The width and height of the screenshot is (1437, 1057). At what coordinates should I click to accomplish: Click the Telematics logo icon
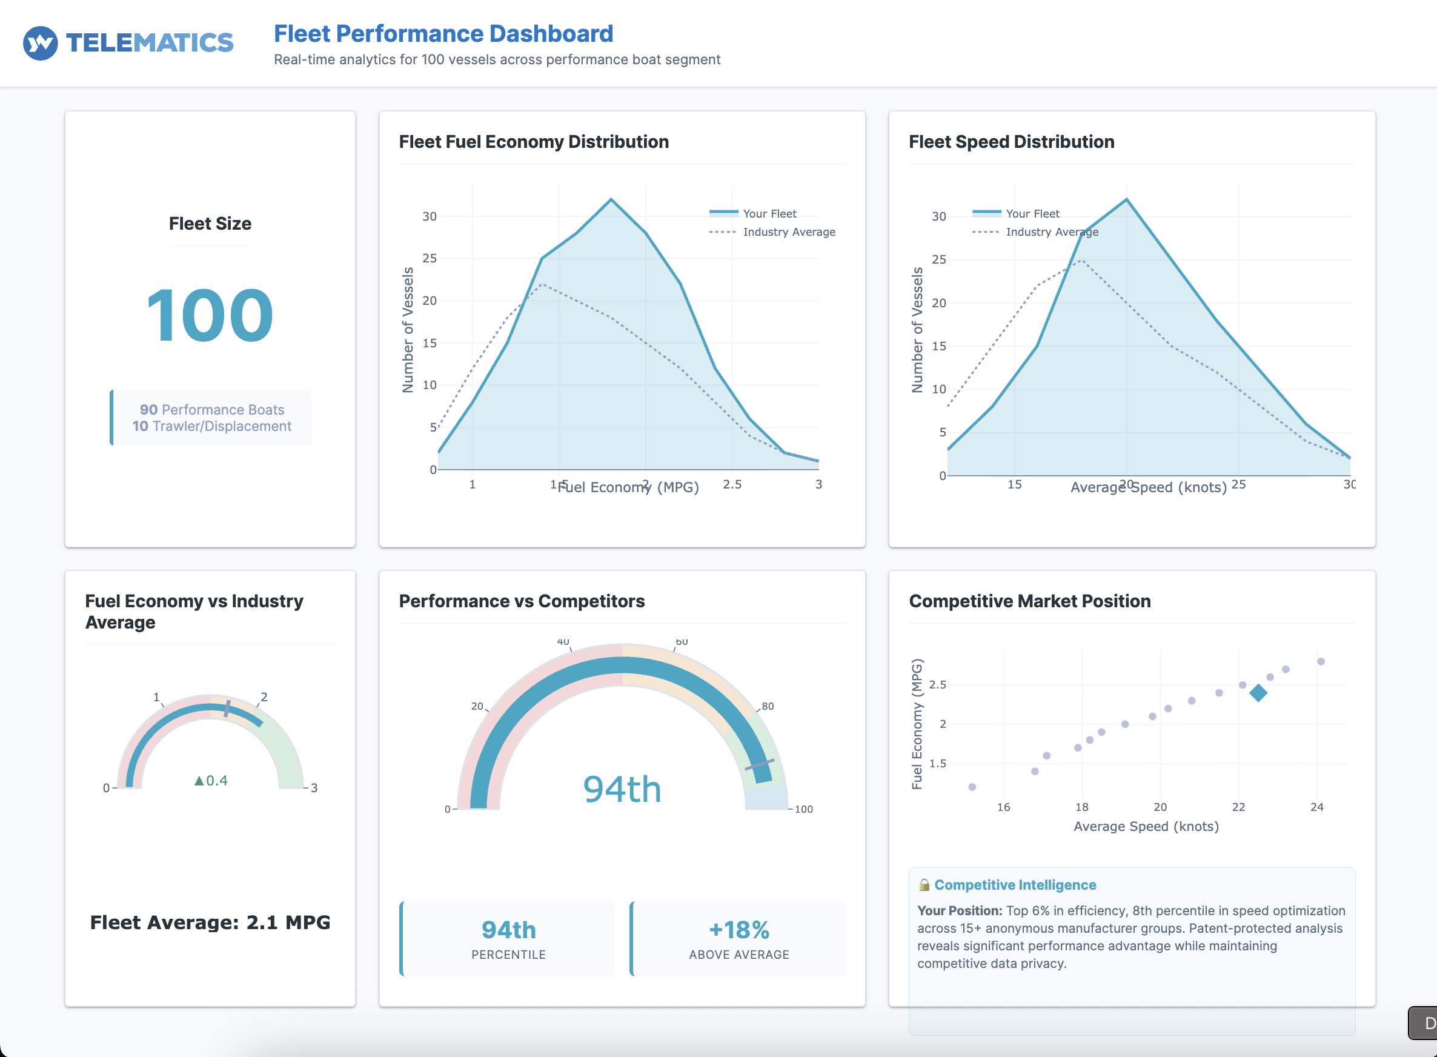pyautogui.click(x=41, y=43)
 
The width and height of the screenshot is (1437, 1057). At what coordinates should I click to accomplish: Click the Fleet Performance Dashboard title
pyautogui.click(x=443, y=33)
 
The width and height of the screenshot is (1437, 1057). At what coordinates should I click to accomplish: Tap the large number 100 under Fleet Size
pyautogui.click(x=210, y=315)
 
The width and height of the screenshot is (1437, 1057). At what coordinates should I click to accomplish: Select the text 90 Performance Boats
pyautogui.click(x=211, y=410)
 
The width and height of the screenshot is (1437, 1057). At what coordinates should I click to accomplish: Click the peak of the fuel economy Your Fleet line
pyautogui.click(x=611, y=199)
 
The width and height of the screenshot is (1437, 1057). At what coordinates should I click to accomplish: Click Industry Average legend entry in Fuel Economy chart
pyautogui.click(x=788, y=232)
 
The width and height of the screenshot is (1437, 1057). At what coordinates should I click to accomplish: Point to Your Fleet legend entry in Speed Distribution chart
pyautogui.click(x=1032, y=214)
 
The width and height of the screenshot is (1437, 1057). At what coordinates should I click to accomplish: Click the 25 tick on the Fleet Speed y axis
pyautogui.click(x=938, y=259)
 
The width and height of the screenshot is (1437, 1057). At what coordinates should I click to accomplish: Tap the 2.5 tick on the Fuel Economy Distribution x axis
pyautogui.click(x=732, y=484)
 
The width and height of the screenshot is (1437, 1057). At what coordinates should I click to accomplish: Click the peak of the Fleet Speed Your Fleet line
pyautogui.click(x=1126, y=199)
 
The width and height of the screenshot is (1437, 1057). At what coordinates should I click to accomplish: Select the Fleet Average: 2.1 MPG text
pyautogui.click(x=210, y=922)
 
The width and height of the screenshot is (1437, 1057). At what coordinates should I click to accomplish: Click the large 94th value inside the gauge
pyautogui.click(x=622, y=789)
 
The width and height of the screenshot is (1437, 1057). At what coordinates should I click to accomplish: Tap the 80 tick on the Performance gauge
pyautogui.click(x=767, y=706)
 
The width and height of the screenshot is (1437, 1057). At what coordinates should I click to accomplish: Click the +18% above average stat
pyautogui.click(x=738, y=930)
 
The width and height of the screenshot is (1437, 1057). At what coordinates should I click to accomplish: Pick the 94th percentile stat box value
pyautogui.click(x=508, y=930)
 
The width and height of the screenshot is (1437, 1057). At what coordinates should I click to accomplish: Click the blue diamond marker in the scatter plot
pyautogui.click(x=1258, y=693)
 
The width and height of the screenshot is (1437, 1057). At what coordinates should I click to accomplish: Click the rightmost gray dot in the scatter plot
pyautogui.click(x=1321, y=662)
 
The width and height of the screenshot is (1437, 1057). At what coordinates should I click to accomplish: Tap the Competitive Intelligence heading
pyautogui.click(x=1015, y=885)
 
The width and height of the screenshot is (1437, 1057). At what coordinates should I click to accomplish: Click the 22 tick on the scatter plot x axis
pyautogui.click(x=1238, y=807)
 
